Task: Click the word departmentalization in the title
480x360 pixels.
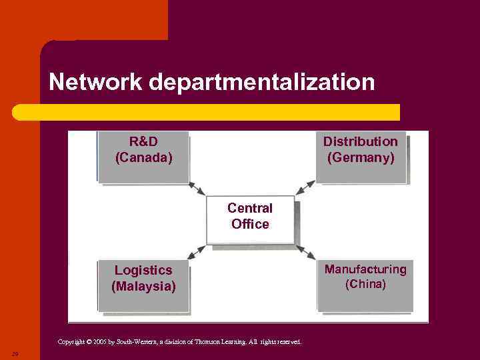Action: tap(262, 83)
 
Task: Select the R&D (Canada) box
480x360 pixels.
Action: tap(143, 156)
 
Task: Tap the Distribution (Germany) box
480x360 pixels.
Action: tap(361, 156)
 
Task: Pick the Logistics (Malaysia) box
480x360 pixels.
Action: tap(143, 285)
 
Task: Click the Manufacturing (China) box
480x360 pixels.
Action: tap(365, 285)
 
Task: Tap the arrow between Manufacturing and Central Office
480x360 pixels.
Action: tap(306, 252)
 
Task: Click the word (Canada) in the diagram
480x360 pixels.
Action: tap(143, 158)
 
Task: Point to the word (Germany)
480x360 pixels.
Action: tap(361, 158)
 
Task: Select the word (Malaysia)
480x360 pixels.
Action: tap(143, 287)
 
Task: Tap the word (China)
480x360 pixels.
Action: tap(365, 285)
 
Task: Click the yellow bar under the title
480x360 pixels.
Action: tap(207, 112)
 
